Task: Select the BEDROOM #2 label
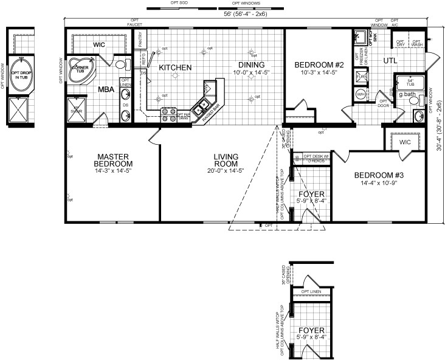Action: point(319,65)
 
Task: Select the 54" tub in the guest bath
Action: point(410,83)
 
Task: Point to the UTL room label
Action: point(390,60)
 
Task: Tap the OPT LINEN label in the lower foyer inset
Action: point(312,291)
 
